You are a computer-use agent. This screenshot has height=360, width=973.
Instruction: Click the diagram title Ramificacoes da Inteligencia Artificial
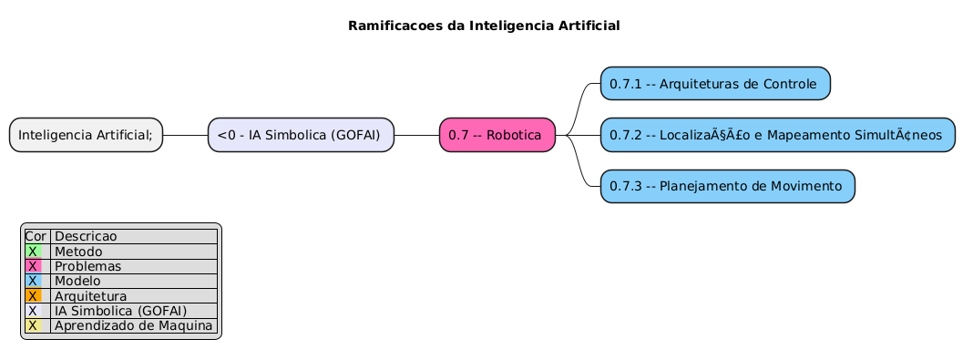click(484, 26)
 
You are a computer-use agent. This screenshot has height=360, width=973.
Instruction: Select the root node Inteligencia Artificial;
click(87, 135)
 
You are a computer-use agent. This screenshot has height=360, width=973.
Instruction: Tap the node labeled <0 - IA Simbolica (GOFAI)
click(301, 135)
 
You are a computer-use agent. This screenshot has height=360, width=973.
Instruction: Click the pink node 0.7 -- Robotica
click(497, 135)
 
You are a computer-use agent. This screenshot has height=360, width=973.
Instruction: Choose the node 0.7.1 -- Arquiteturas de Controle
click(715, 84)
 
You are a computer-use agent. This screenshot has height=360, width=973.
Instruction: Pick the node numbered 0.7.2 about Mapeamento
click(777, 135)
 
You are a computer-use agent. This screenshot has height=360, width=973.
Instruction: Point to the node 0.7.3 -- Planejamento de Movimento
click(727, 186)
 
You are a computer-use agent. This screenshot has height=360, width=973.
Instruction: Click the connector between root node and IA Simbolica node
click(185, 135)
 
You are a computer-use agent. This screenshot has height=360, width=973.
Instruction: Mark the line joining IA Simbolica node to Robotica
click(416, 135)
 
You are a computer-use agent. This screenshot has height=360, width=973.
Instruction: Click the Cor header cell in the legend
click(36, 236)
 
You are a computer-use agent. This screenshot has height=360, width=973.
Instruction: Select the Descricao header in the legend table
click(86, 236)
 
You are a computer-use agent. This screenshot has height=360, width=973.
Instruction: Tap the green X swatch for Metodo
click(33, 252)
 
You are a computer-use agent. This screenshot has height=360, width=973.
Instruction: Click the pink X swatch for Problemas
click(33, 266)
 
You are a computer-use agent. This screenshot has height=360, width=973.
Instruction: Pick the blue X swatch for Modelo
click(33, 281)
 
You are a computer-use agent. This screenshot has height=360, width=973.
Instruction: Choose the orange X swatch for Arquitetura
click(33, 296)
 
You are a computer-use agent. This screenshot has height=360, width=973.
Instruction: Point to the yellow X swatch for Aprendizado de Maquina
click(33, 325)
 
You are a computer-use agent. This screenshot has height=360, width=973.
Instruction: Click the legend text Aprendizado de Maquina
click(133, 325)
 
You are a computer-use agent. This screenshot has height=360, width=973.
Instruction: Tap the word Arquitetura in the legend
click(90, 296)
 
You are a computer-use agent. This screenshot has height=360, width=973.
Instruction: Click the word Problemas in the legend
click(87, 266)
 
